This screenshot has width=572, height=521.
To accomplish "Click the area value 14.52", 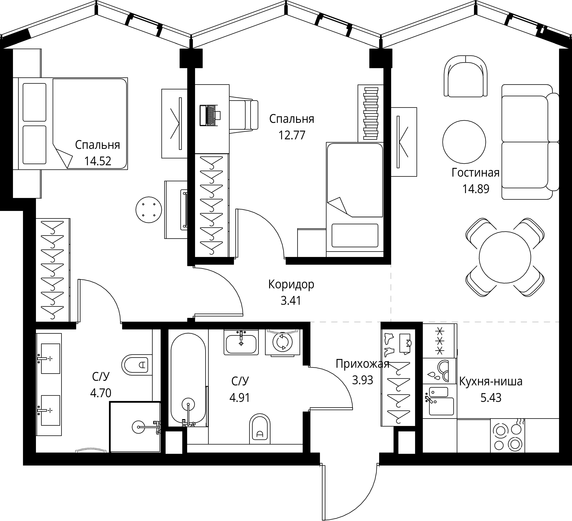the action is pyautogui.click(x=98, y=161).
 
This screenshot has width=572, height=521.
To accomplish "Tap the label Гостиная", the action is pyautogui.click(x=476, y=173).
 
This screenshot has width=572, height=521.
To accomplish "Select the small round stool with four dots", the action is pyautogui.click(x=149, y=210).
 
